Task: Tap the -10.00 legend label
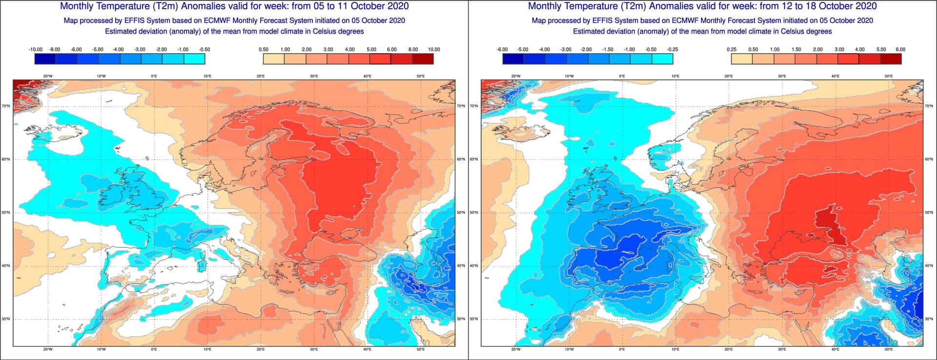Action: coord(36,49)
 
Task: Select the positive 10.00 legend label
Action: coord(434,49)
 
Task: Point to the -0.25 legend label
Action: coord(672,49)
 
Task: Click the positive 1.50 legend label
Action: coord(796,49)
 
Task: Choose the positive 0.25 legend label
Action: coord(732,49)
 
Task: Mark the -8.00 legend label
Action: coord(55,49)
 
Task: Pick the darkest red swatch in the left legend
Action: coord(423,59)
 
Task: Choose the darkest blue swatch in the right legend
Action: coord(513,59)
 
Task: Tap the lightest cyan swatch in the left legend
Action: coord(194,59)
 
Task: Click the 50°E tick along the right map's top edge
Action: coord(888,76)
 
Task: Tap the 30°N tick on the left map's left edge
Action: coord(6,319)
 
